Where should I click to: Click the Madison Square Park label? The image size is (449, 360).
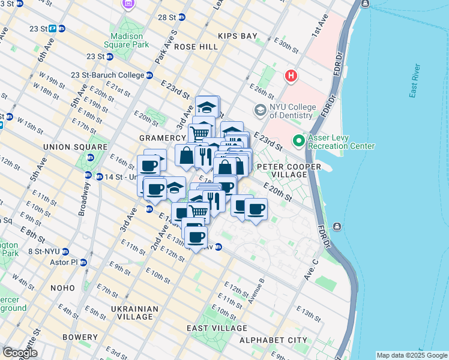point(127,40)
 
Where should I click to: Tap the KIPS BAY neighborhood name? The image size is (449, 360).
point(238,36)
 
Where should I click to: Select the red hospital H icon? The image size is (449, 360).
point(291,76)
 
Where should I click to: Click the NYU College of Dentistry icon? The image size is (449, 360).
point(260,110)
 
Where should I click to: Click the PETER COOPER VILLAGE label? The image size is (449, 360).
point(282,170)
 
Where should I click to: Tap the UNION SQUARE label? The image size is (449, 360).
point(66,146)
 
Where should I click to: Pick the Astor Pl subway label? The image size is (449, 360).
point(62,262)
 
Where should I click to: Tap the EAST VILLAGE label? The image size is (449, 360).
point(217,328)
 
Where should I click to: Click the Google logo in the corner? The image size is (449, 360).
point(20,353)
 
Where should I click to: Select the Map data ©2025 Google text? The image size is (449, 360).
point(411,355)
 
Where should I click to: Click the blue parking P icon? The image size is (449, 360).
point(53,28)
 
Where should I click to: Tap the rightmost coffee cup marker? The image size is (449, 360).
point(256,209)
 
